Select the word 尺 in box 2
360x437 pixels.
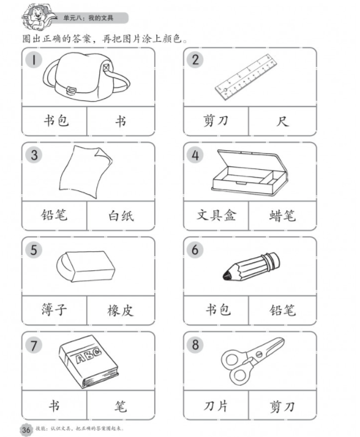[x=282, y=120]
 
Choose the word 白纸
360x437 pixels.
[x=121, y=216]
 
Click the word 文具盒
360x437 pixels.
[x=216, y=215]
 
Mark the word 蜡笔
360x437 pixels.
[x=282, y=215]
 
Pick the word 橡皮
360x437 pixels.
[x=121, y=310]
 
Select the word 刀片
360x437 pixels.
[x=216, y=405]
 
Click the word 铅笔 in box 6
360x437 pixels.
[x=282, y=310]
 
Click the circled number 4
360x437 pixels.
[x=196, y=155]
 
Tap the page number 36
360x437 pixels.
[x=26, y=429]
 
